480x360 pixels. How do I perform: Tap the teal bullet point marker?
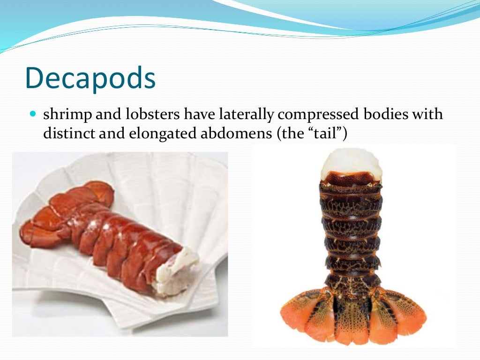32,114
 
